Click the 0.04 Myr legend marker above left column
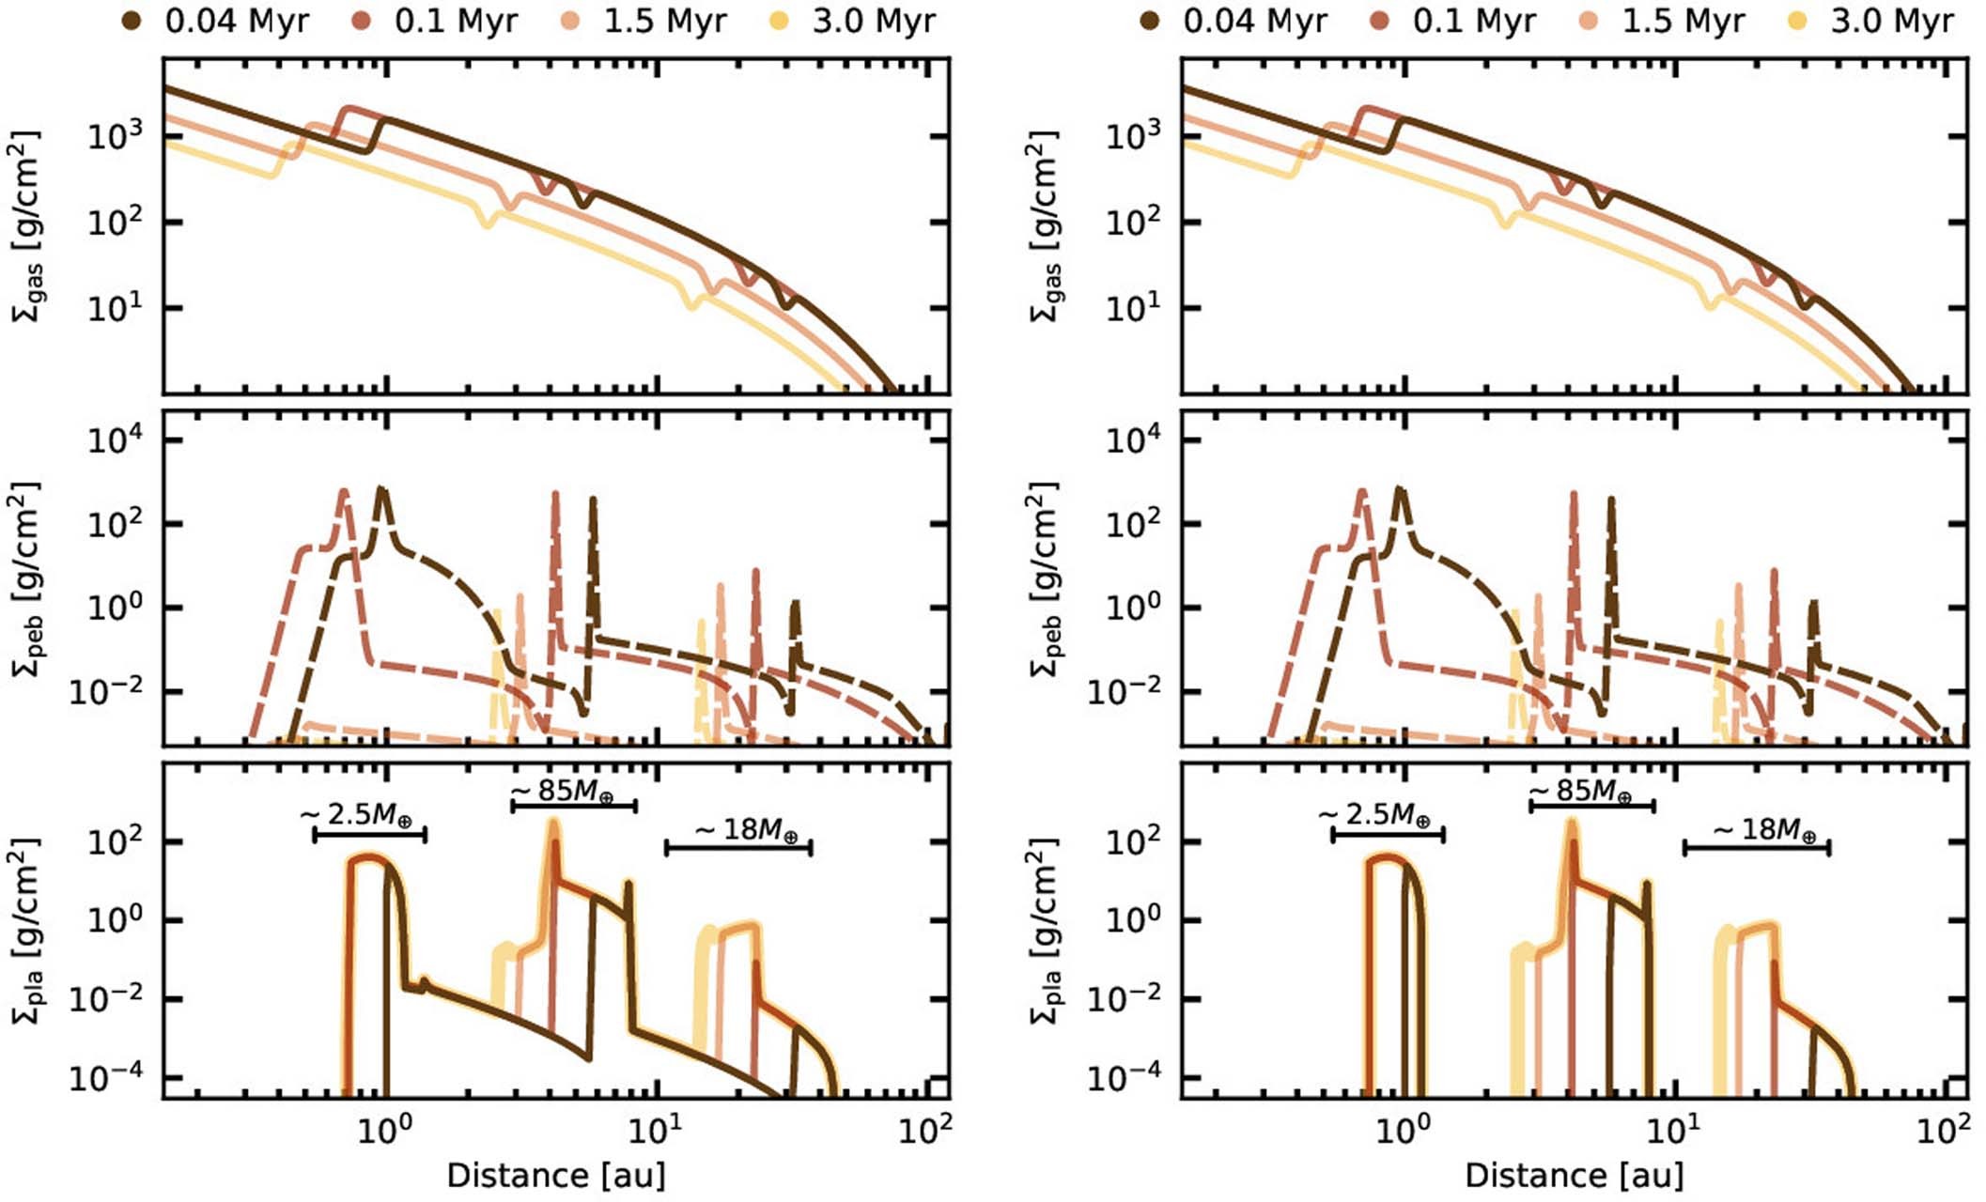pyautogui.click(x=132, y=21)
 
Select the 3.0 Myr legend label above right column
pyautogui.click(x=1892, y=21)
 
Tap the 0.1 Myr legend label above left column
pyautogui.click(x=456, y=21)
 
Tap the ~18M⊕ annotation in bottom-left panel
pyautogui.click(x=747, y=830)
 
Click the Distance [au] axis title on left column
pyautogui.click(x=556, y=1176)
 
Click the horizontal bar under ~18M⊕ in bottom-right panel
pyautogui.click(x=1756, y=848)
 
